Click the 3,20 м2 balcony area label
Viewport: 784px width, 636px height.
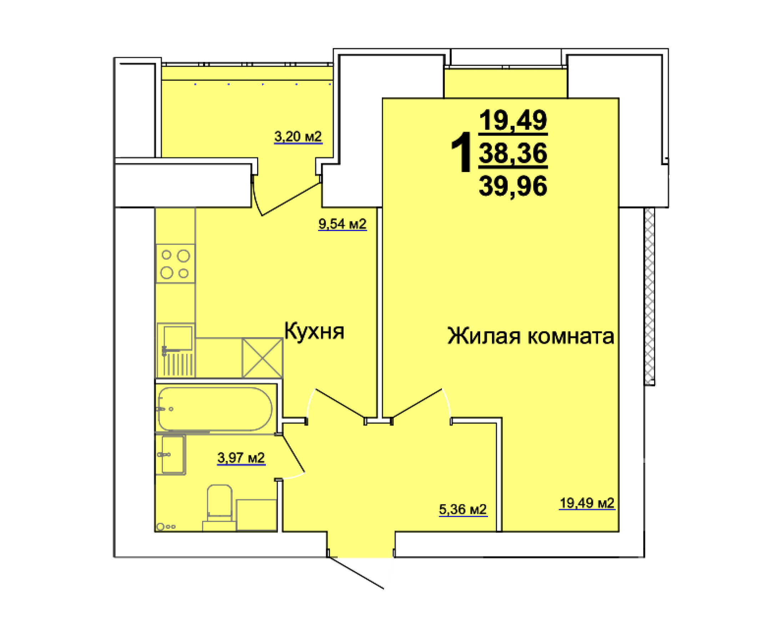pyautogui.click(x=298, y=137)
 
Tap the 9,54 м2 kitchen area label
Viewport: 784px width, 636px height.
pyautogui.click(x=342, y=224)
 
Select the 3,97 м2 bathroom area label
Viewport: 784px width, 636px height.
pyautogui.click(x=241, y=457)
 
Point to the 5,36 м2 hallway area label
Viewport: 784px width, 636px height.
pyautogui.click(x=462, y=509)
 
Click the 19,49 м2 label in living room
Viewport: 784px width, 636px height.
pyautogui.click(x=587, y=503)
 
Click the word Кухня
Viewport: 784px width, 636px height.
pyautogui.click(x=314, y=331)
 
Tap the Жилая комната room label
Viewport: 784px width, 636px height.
pyautogui.click(x=530, y=336)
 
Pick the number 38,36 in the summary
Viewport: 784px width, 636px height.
pyautogui.click(x=513, y=153)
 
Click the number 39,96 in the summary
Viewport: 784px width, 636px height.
pyautogui.click(x=513, y=186)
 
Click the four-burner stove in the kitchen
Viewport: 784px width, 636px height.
pyautogui.click(x=175, y=264)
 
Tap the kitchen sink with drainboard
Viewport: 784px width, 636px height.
pyautogui.click(x=176, y=350)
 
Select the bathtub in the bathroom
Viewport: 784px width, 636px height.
pyautogui.click(x=215, y=409)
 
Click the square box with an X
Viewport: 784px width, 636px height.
pyautogui.click(x=262, y=358)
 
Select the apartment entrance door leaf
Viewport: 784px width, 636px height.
pyautogui.click(x=356, y=573)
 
